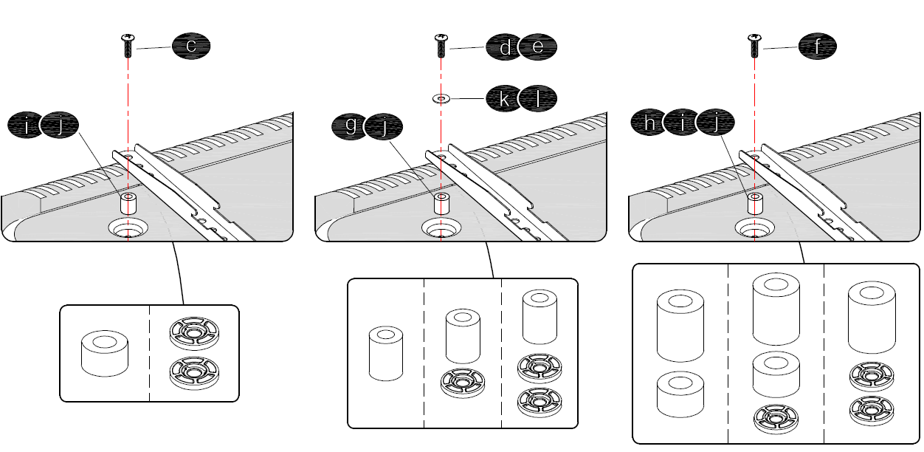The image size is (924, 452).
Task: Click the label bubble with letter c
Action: [x=191, y=47]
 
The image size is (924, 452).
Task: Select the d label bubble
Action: [x=505, y=47]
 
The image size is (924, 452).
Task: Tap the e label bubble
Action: [x=537, y=47]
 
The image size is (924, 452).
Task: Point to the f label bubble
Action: [x=818, y=47]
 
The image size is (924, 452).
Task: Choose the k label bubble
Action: [x=505, y=98]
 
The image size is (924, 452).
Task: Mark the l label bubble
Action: [x=537, y=98]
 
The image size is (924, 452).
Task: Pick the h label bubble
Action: [x=650, y=125]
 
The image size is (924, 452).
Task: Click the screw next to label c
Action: [x=128, y=46]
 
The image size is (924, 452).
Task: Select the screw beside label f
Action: [x=754, y=46]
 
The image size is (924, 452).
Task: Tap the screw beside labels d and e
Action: [x=441, y=46]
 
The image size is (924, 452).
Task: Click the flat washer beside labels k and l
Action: [x=441, y=98]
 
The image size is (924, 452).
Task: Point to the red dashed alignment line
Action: [x=754, y=111]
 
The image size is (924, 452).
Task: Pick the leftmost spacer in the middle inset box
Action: [x=386, y=354]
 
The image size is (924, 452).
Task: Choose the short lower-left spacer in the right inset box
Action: [x=680, y=397]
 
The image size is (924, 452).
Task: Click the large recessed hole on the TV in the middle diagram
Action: [x=442, y=228]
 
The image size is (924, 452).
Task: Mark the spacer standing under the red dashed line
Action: [x=754, y=203]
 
